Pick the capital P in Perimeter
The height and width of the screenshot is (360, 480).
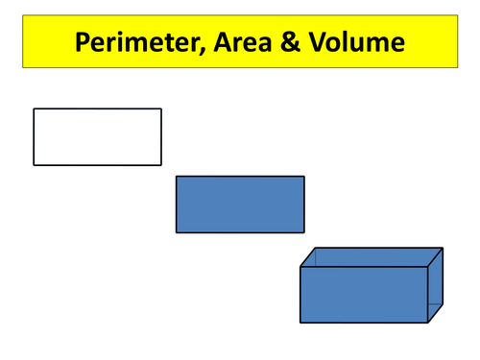(83, 43)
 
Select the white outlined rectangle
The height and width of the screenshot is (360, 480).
(97, 136)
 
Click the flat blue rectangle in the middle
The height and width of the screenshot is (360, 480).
(240, 204)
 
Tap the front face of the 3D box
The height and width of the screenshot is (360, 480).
(363, 294)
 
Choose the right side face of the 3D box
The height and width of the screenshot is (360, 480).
(435, 284)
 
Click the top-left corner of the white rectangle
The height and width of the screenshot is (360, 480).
(35, 109)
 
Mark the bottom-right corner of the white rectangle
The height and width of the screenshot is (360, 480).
(161, 164)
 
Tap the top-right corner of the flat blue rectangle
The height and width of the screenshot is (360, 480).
(304, 177)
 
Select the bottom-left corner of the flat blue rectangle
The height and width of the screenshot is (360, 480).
(177, 232)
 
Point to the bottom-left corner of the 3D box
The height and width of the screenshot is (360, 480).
(300, 323)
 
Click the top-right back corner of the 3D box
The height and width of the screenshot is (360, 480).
(443, 248)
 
